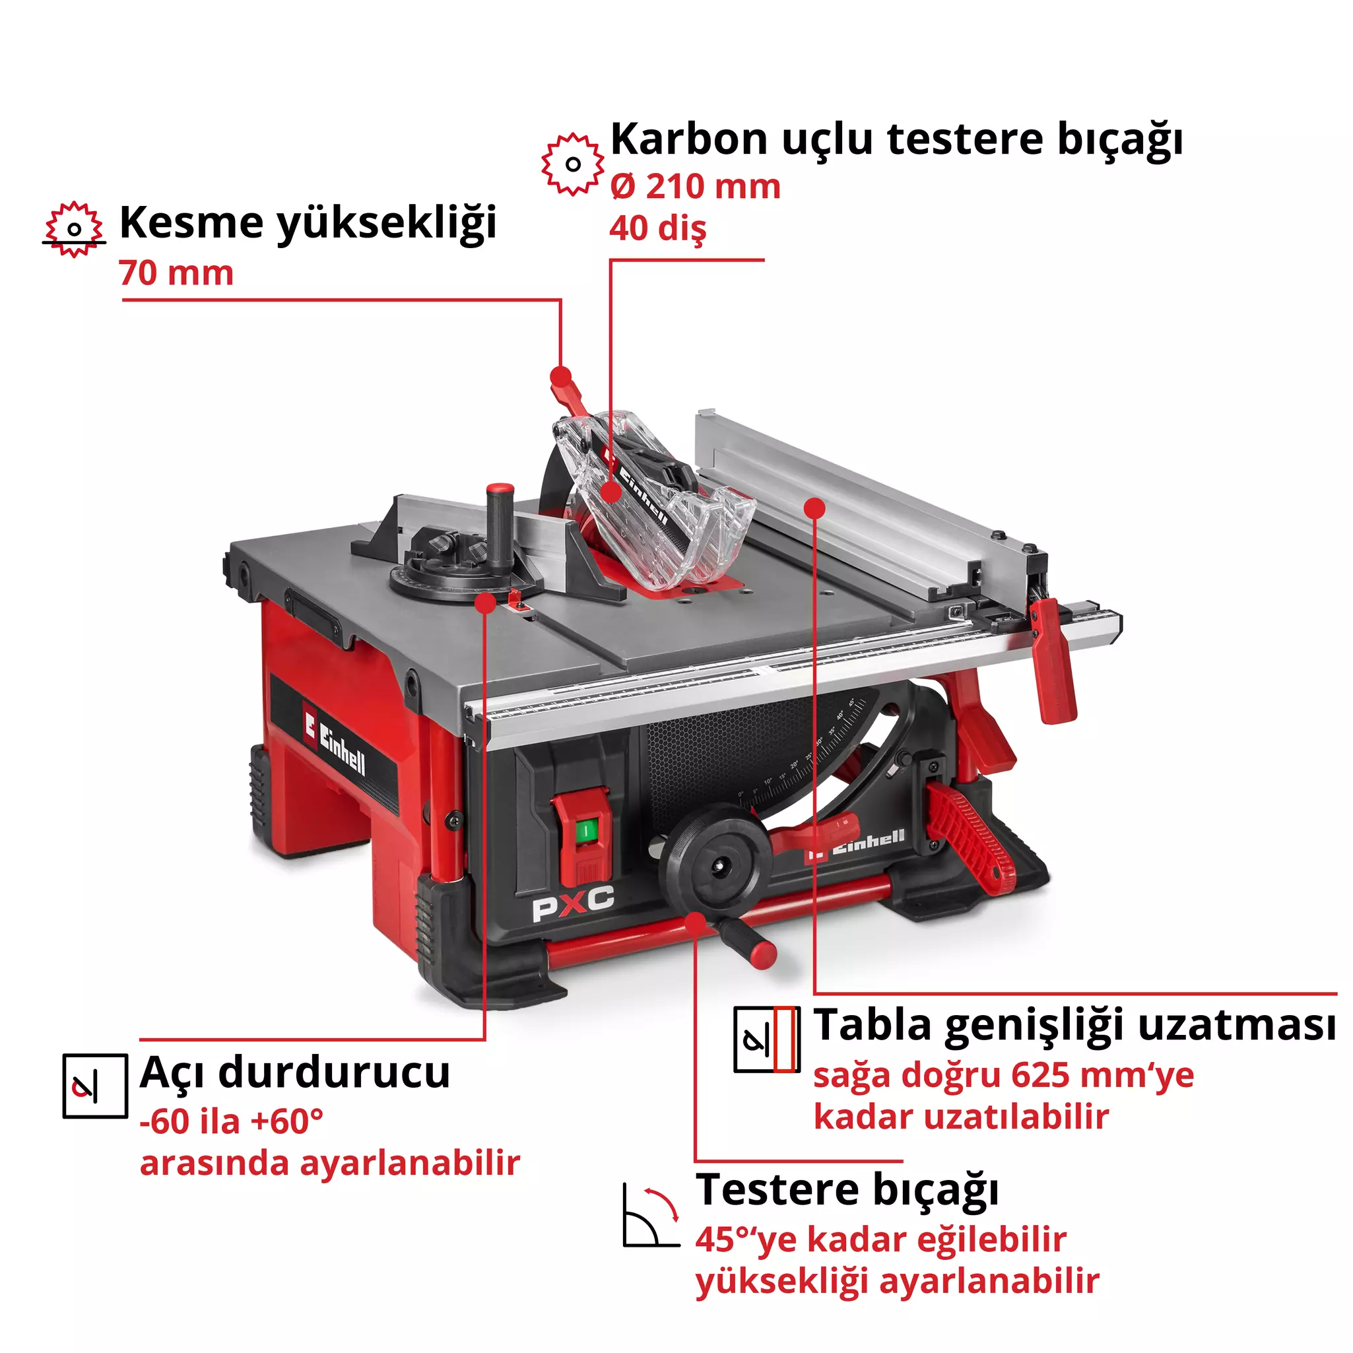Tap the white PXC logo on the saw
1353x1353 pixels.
[573, 904]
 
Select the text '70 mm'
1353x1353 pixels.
[176, 273]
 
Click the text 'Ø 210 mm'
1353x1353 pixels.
[695, 186]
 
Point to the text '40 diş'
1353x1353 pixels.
[657, 228]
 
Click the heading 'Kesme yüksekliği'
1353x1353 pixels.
[308, 222]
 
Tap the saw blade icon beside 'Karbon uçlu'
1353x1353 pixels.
[572, 164]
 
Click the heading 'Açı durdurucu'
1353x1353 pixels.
[295, 1072]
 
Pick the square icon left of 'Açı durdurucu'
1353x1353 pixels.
[95, 1086]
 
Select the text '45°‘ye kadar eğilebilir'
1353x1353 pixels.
[880, 1239]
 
